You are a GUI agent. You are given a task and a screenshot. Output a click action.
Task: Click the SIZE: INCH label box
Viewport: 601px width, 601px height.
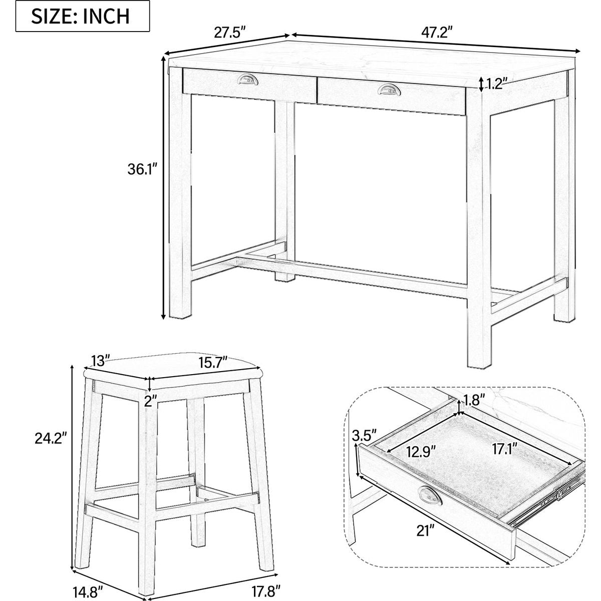tap(83, 16)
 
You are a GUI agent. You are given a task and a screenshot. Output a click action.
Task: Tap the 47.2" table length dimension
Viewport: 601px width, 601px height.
tap(437, 32)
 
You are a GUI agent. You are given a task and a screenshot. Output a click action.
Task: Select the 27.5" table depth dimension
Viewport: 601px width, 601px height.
tap(230, 32)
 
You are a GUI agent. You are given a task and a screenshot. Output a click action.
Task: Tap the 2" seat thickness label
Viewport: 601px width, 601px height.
tap(151, 402)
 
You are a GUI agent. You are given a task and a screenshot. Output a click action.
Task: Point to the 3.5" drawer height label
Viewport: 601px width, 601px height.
tap(364, 435)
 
